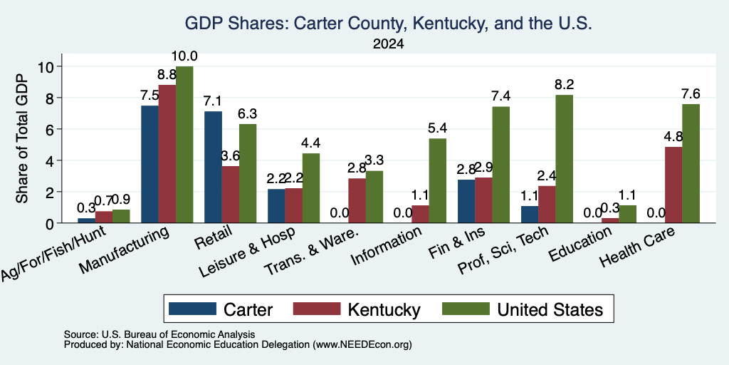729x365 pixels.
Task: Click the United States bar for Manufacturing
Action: click(184, 145)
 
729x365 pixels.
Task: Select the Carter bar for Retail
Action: click(213, 167)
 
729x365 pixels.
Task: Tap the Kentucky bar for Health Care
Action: click(673, 185)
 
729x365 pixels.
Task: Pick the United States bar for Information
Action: click(438, 180)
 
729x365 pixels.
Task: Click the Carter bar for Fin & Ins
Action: click(466, 201)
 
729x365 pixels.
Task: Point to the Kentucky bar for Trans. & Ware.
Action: click(357, 200)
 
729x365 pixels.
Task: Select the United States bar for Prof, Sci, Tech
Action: click(564, 159)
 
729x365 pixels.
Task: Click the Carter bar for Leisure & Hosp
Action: click(276, 206)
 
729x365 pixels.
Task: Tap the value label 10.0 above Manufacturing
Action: click(184, 56)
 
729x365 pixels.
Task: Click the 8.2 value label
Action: click(564, 85)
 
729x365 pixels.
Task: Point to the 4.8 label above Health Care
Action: click(673, 137)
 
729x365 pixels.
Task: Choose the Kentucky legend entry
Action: click(357, 309)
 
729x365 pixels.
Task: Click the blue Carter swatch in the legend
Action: click(192, 309)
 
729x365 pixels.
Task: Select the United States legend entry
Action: click(523, 309)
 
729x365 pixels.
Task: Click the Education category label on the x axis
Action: click(579, 245)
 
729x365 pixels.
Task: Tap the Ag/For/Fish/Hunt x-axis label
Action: click(53, 253)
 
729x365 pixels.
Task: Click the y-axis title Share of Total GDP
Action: click(22, 138)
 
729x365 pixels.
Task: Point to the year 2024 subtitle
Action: click(388, 44)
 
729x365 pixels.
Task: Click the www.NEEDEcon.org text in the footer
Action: click(362, 345)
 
